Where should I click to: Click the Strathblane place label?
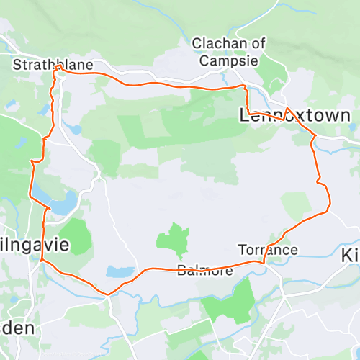(53, 66)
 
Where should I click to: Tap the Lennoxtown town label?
(294, 115)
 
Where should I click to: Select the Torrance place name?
(268, 250)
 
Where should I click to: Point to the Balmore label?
(205, 271)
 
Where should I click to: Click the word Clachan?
(228, 44)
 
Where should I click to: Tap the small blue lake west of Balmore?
(119, 272)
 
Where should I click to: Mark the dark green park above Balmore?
(174, 239)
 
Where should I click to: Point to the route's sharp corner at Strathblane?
(56, 66)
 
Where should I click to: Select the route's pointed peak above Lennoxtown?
(287, 108)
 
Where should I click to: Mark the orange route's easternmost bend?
(330, 205)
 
